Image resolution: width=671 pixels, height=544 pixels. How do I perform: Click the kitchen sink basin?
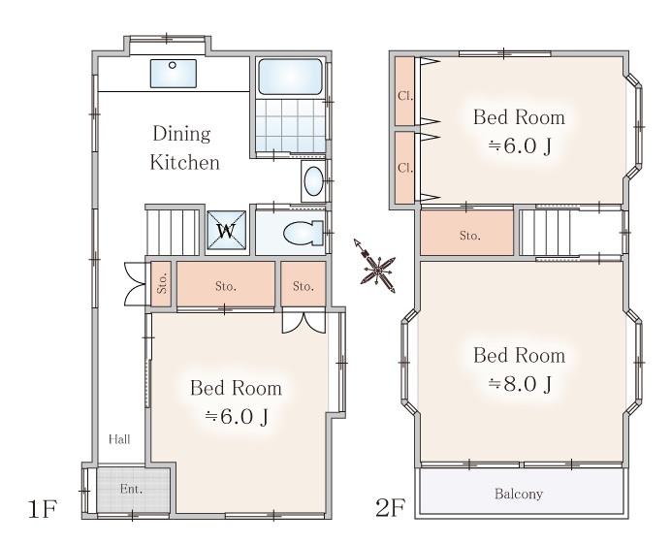click(174, 73)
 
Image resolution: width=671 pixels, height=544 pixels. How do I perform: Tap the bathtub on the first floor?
click(290, 77)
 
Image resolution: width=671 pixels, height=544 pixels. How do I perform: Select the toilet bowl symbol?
click(304, 234)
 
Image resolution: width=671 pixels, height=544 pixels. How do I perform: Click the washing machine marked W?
click(226, 230)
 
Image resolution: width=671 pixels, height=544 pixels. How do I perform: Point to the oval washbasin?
click(313, 181)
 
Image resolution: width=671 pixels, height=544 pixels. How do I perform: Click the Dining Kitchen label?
click(184, 148)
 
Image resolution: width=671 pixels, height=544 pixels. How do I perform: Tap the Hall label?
click(119, 439)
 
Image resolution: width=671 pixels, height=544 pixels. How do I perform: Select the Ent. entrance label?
click(131, 489)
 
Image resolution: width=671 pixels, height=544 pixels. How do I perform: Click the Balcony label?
click(519, 494)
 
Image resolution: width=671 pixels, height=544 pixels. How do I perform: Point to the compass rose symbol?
click(376, 268)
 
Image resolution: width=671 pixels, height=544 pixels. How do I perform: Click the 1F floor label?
click(42, 509)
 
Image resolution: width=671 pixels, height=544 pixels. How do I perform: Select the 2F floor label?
click(390, 508)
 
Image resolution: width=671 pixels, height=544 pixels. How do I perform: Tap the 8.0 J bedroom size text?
click(520, 384)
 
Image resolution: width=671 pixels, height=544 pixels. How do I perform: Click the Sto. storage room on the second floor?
click(466, 234)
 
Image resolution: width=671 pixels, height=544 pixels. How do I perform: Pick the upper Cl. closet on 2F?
click(404, 91)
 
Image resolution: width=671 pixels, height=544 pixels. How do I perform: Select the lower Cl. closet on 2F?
click(404, 168)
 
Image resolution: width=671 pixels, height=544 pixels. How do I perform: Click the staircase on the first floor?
click(173, 232)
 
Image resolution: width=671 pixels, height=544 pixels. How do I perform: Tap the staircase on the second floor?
click(546, 233)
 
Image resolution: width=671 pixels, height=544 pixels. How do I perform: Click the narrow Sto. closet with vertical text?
click(161, 284)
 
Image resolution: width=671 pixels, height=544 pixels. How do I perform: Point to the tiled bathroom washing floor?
click(290, 125)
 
